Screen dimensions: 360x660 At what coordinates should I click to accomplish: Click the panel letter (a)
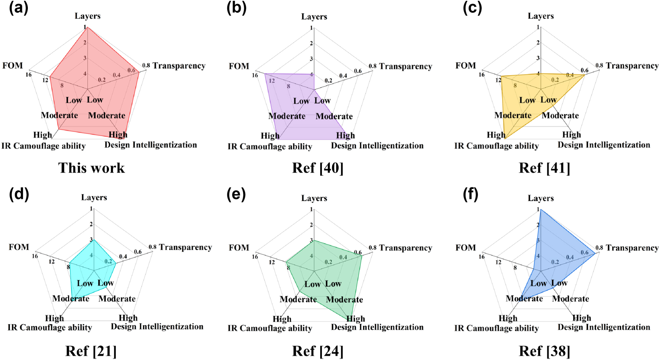[x=19, y=8]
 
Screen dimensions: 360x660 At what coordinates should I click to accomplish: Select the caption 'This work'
[x=92, y=168]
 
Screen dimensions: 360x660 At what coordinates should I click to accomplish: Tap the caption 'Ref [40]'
[x=317, y=168]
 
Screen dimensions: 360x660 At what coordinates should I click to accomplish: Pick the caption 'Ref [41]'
[x=544, y=168]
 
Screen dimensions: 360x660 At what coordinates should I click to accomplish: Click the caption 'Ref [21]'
[x=91, y=351]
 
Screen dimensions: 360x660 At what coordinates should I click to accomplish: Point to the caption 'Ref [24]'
[x=317, y=351]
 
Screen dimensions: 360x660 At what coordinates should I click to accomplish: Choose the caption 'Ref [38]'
[x=544, y=351]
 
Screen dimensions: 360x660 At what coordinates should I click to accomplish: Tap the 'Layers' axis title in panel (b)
[x=314, y=17]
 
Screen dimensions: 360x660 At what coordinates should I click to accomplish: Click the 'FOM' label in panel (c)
[x=465, y=66]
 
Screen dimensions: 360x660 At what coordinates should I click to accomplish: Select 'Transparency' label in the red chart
[x=179, y=66]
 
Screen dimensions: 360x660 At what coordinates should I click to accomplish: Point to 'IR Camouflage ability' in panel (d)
[x=50, y=327]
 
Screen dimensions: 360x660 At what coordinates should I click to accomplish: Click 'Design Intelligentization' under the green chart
[x=377, y=327]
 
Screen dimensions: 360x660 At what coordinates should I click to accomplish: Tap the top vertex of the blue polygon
[x=540, y=210]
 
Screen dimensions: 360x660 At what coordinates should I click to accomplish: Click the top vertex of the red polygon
[x=88, y=27]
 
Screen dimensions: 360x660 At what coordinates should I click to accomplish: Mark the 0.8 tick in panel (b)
[x=372, y=66]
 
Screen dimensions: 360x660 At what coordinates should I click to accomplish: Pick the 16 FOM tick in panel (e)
[x=255, y=257]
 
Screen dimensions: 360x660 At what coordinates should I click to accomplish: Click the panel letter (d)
[x=19, y=194]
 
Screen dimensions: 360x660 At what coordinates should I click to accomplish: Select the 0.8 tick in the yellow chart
[x=599, y=65]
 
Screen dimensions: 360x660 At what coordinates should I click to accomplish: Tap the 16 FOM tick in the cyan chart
[x=35, y=256]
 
